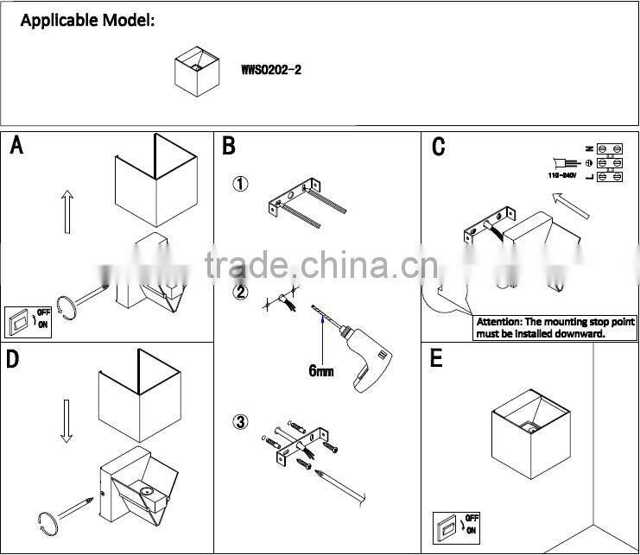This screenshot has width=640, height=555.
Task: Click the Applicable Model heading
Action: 87,21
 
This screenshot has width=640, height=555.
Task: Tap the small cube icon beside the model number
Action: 198,71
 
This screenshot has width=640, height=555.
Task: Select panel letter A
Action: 16,145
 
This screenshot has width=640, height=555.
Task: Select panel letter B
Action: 229,145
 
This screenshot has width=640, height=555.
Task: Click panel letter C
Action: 438,147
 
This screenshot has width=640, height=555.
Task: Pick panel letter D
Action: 13,359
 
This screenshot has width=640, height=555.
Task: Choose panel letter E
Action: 436,359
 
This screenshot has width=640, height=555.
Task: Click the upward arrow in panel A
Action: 67,211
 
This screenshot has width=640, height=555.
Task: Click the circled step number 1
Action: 242,184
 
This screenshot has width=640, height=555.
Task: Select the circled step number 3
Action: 241,422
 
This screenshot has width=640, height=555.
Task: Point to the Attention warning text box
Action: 555,326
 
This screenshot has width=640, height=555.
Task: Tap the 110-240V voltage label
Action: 561,175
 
